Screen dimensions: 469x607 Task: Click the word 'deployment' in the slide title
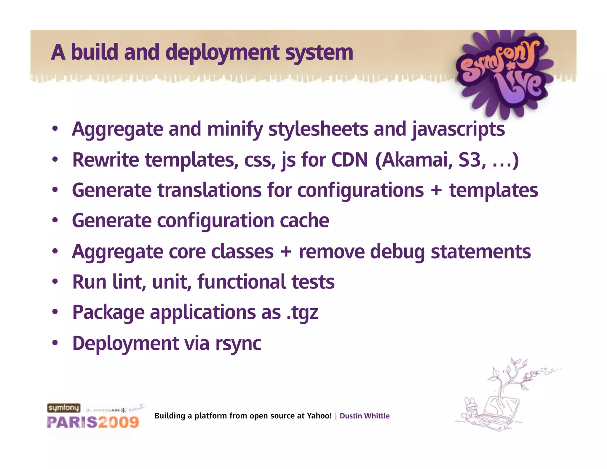222,53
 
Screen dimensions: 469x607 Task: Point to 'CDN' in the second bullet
349,160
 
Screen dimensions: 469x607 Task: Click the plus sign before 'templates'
436,190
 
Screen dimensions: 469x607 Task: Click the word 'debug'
397,252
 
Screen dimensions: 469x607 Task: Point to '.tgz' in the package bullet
303,313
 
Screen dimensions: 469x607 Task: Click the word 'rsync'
238,343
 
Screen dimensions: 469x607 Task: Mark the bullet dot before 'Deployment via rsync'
55,343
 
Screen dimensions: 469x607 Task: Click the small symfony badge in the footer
64,408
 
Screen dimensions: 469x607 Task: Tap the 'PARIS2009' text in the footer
93,422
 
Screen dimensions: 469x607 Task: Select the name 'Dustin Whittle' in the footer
365,416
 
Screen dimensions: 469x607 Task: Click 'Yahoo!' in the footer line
319,416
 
